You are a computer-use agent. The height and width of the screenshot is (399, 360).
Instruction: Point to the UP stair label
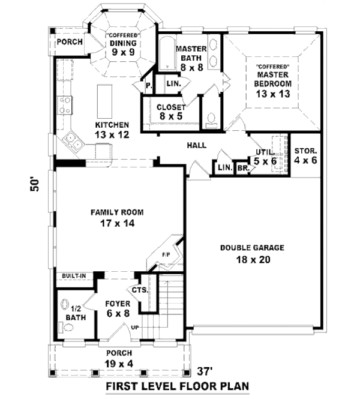[136, 328]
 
